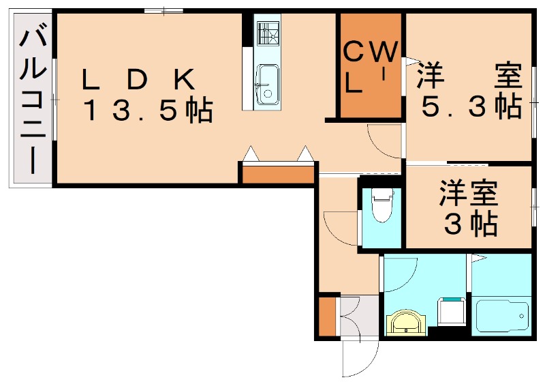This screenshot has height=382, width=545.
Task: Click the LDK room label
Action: click(138, 80)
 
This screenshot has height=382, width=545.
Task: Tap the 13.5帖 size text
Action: click(148, 111)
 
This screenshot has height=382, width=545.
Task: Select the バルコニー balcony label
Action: click(33, 101)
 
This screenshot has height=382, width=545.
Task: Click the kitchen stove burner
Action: click(268, 33)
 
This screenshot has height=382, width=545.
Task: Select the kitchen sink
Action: click(267, 84)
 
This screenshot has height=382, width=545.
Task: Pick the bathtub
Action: click(502, 316)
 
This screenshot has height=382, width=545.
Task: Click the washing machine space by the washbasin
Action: click(452, 310)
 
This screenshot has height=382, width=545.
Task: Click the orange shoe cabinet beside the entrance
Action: click(328, 317)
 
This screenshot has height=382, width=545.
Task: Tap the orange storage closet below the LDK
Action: click(278, 174)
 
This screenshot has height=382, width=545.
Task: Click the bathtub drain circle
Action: click(521, 316)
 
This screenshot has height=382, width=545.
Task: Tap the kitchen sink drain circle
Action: click(267, 93)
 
